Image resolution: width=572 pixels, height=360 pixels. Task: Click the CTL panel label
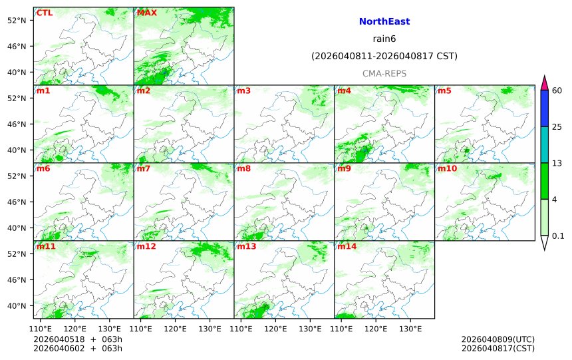coord(45,13)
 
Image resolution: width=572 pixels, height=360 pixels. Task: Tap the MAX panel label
coord(147,13)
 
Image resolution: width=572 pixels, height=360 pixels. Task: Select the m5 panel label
coord(444,90)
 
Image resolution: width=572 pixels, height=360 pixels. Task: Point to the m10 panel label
coord(447,168)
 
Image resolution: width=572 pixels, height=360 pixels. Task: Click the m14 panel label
coord(347,246)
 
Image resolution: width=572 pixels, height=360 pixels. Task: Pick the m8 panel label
coord(243,168)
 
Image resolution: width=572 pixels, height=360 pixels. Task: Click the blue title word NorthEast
coord(384,22)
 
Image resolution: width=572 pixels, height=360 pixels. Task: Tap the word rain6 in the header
coord(384,39)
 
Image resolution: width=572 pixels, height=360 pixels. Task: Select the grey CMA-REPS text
coord(384,74)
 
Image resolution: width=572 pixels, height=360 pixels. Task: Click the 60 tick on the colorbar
coord(557,90)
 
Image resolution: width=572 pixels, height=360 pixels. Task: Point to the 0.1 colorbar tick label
coord(558,236)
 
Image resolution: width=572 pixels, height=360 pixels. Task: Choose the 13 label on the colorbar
coord(557,163)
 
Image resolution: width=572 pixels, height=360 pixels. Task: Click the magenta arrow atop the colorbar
coord(544,83)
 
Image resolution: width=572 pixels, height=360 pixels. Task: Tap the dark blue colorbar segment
coord(544,108)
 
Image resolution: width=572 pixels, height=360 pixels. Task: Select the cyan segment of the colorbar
coord(544,144)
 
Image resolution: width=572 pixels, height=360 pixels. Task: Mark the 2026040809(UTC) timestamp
coord(498,339)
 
